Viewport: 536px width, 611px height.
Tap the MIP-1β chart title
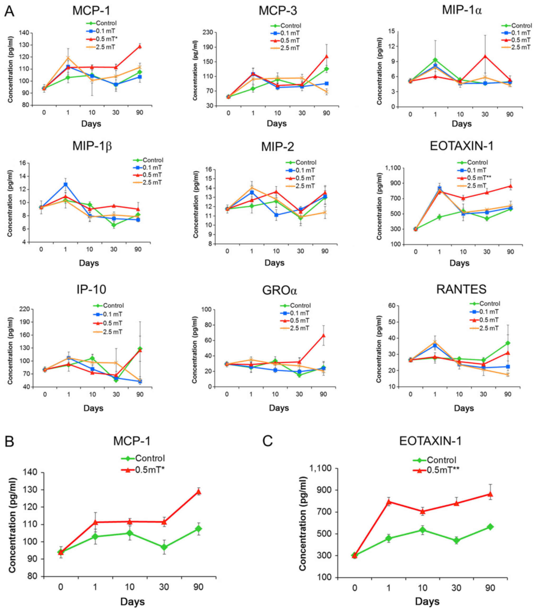tap(92, 146)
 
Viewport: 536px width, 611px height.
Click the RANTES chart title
tap(461, 289)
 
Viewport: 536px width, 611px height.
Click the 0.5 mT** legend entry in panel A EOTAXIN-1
tap(479, 178)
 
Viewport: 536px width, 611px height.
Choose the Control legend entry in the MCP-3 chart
tap(291, 26)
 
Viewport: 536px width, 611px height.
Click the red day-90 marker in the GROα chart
tap(323, 336)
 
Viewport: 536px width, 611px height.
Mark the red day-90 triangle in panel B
tap(198, 492)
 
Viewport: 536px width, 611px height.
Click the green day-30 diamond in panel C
tap(457, 540)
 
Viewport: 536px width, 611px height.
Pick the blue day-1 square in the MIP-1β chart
tap(65, 184)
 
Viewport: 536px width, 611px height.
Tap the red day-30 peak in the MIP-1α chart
tap(485, 56)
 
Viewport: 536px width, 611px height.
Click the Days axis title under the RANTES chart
tap(464, 408)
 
